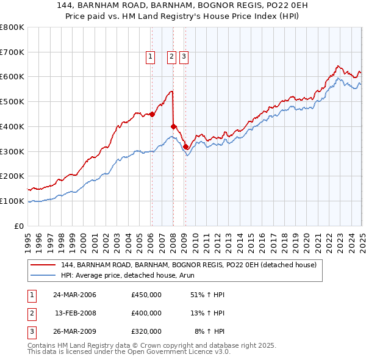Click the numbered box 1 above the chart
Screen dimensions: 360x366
coord(150,57)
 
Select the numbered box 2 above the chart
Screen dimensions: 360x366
coord(171,57)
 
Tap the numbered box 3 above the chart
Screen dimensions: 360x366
coord(184,57)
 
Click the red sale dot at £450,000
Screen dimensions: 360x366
coord(152,113)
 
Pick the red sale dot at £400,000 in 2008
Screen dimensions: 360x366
coord(173,126)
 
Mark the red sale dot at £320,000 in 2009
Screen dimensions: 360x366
coord(185,146)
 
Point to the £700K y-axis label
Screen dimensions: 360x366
coord(12,52)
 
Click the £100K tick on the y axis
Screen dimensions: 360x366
coord(12,201)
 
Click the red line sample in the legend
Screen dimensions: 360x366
coord(43,265)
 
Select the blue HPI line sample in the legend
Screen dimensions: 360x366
coord(43,275)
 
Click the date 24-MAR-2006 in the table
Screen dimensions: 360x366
coord(74,295)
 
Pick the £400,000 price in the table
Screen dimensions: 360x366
coord(146,313)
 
